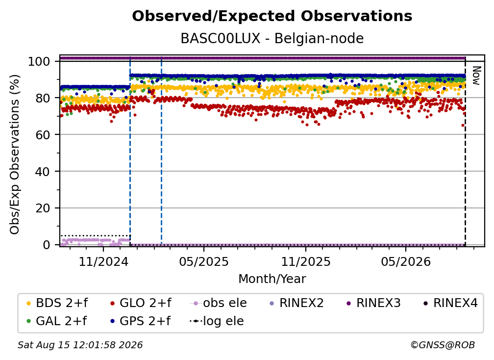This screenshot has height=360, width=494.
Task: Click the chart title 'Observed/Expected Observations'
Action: [x=272, y=16]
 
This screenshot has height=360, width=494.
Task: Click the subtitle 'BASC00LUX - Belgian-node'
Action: [x=272, y=38]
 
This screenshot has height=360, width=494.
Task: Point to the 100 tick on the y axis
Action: [x=39, y=61]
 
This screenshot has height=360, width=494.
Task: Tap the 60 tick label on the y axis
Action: [x=43, y=134]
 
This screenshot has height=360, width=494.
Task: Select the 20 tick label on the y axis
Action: [x=43, y=208]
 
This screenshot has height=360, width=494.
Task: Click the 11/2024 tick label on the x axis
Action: [x=103, y=261]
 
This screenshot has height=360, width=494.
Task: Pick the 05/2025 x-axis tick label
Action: [x=204, y=261]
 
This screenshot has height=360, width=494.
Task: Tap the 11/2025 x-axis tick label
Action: [x=306, y=261]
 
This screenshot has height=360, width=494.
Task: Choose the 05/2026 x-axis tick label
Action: [x=406, y=261]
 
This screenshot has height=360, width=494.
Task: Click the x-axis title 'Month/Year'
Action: [x=272, y=279]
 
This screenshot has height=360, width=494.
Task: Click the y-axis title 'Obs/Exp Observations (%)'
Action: [x=15, y=154]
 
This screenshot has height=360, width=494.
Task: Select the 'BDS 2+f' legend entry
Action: [x=57, y=303]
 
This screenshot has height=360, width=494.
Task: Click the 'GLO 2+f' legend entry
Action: [x=141, y=303]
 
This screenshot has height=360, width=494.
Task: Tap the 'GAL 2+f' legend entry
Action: [x=57, y=321]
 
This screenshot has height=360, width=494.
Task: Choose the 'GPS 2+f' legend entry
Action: [x=140, y=321]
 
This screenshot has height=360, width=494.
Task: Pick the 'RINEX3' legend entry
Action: [x=373, y=303]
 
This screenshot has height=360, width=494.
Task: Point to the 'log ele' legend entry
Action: [x=217, y=321]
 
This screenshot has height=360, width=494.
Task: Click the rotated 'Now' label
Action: [x=476, y=76]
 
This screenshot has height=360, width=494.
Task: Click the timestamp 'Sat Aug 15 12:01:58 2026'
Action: [x=80, y=345]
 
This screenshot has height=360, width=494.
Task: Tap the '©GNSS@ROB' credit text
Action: [x=443, y=345]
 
